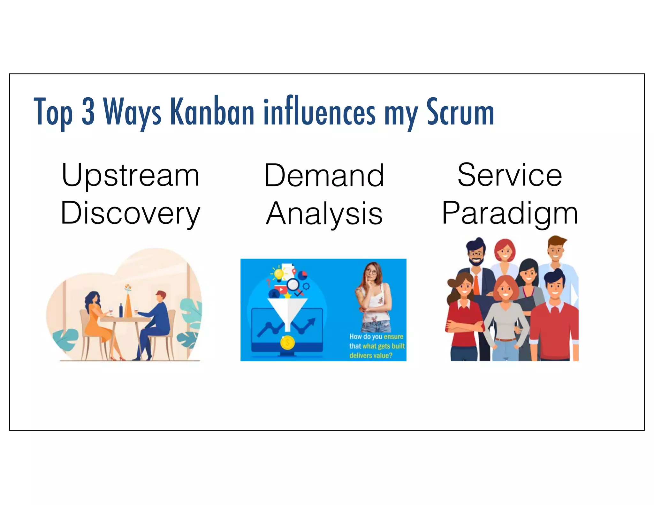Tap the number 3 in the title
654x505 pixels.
tap(88, 112)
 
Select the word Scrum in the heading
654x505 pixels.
tap(460, 112)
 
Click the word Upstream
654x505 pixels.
tap(130, 176)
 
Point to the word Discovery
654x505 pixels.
tap(130, 213)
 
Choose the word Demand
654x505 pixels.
tap(324, 176)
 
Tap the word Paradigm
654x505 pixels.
tap(510, 213)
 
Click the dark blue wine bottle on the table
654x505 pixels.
tap(121, 310)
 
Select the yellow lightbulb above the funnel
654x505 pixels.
tap(279, 274)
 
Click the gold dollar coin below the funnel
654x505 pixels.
tap(287, 343)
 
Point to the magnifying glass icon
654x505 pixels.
tap(293, 284)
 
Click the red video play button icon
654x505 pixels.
tap(280, 290)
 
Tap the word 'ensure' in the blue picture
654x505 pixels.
tap(393, 336)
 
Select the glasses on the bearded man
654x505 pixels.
tap(476, 254)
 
